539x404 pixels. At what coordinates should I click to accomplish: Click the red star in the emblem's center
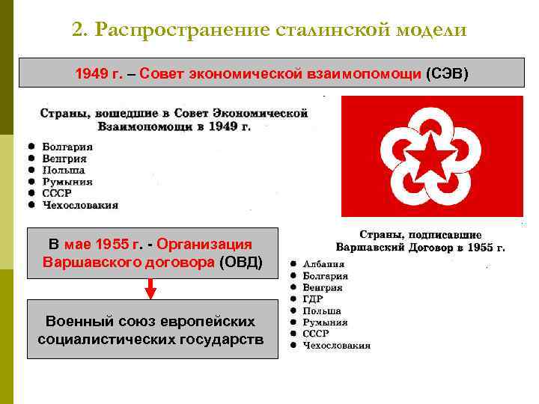431,158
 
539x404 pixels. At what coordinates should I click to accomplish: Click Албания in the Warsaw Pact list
323,264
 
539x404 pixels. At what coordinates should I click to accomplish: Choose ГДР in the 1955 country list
313,299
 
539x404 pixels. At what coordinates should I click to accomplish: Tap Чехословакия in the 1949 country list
80,205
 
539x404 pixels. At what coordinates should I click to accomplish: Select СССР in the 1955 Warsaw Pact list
316,334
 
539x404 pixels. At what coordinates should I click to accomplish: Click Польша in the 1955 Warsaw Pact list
322,310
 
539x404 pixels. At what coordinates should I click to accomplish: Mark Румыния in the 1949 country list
67,182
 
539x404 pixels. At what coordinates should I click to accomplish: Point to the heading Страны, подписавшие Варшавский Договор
420,240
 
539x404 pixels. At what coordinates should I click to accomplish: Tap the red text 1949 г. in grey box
94,75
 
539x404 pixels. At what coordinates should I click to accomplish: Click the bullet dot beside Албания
293,264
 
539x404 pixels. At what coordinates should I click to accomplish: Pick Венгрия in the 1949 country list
64,159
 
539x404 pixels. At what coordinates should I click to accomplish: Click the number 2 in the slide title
77,30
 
